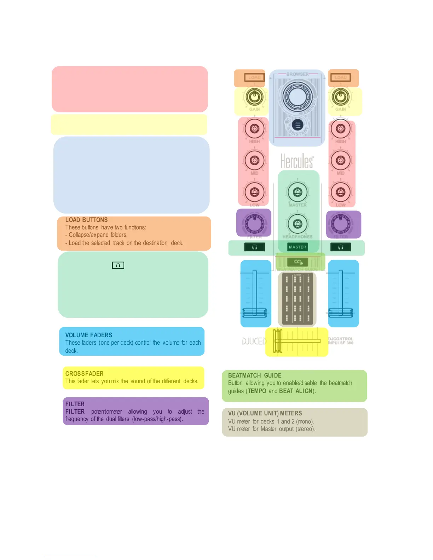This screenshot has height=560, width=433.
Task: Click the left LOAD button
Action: [254, 77]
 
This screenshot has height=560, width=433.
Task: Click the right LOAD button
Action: [340, 77]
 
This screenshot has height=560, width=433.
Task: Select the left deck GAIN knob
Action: [254, 96]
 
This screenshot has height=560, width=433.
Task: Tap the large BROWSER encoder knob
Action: [297, 96]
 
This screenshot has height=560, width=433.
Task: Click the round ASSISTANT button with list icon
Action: [298, 125]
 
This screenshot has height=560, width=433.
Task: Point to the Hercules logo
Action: [297, 161]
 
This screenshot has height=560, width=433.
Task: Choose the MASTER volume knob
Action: [298, 192]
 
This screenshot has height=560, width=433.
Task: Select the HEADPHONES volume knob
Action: [298, 223]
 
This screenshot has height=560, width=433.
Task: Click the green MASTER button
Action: [298, 247]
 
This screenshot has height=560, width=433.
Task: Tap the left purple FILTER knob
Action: [254, 223]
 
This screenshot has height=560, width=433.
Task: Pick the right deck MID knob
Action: [340, 160]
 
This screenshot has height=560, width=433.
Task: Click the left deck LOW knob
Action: [254, 192]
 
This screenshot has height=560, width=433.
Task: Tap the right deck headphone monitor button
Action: [340, 247]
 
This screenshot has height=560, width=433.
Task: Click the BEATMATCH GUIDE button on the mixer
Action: [298, 262]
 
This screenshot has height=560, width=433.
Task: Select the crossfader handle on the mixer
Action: [278, 341]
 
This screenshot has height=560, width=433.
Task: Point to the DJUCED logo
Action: [254, 341]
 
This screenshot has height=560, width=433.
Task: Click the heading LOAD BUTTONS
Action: [86, 220]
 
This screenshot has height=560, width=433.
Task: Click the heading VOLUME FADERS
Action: [88, 335]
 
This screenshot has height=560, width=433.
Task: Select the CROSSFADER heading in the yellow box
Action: [84, 374]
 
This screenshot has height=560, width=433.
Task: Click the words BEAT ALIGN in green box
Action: [296, 391]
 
